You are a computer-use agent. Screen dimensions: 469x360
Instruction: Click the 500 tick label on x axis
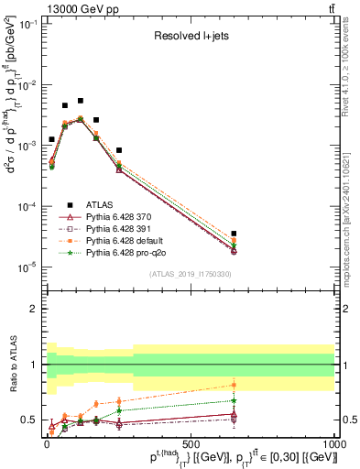[190, 443]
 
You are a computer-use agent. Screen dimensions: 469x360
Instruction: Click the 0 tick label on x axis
[46, 443]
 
